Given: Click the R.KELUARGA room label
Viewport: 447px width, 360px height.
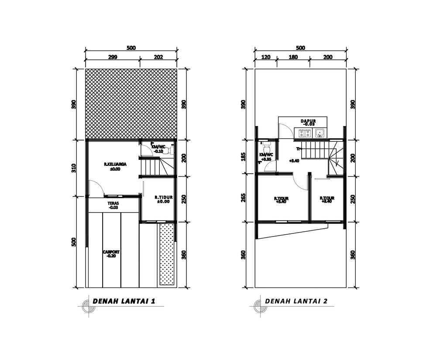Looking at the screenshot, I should click(115, 165).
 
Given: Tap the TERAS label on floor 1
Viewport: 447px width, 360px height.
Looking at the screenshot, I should click(113, 203).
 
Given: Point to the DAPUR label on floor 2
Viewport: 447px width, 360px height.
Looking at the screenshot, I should click(308, 121).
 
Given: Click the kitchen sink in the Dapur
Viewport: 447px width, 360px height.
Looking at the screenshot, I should click(320, 132).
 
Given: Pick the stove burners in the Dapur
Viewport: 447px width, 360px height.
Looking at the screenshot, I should click(305, 133).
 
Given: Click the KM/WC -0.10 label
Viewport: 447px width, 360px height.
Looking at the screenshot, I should click(158, 147).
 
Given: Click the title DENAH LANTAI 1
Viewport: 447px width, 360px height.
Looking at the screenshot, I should click(124, 301).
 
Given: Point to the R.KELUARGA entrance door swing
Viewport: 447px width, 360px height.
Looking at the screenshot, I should click(95, 188).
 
